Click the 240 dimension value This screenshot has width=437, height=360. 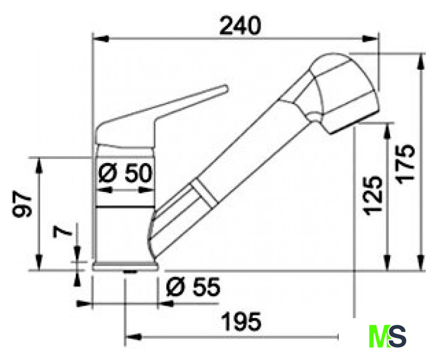click(240, 26)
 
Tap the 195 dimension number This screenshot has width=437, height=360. click(241, 322)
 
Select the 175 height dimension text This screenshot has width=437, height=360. click(406, 164)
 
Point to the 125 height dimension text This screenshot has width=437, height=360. click(372, 196)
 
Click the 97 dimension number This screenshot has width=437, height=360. click(22, 204)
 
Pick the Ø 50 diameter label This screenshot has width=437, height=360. click(126, 173)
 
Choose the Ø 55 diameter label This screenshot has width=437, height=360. click(193, 286)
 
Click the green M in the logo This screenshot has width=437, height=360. click(380, 336)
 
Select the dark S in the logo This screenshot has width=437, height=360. click(398, 336)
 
